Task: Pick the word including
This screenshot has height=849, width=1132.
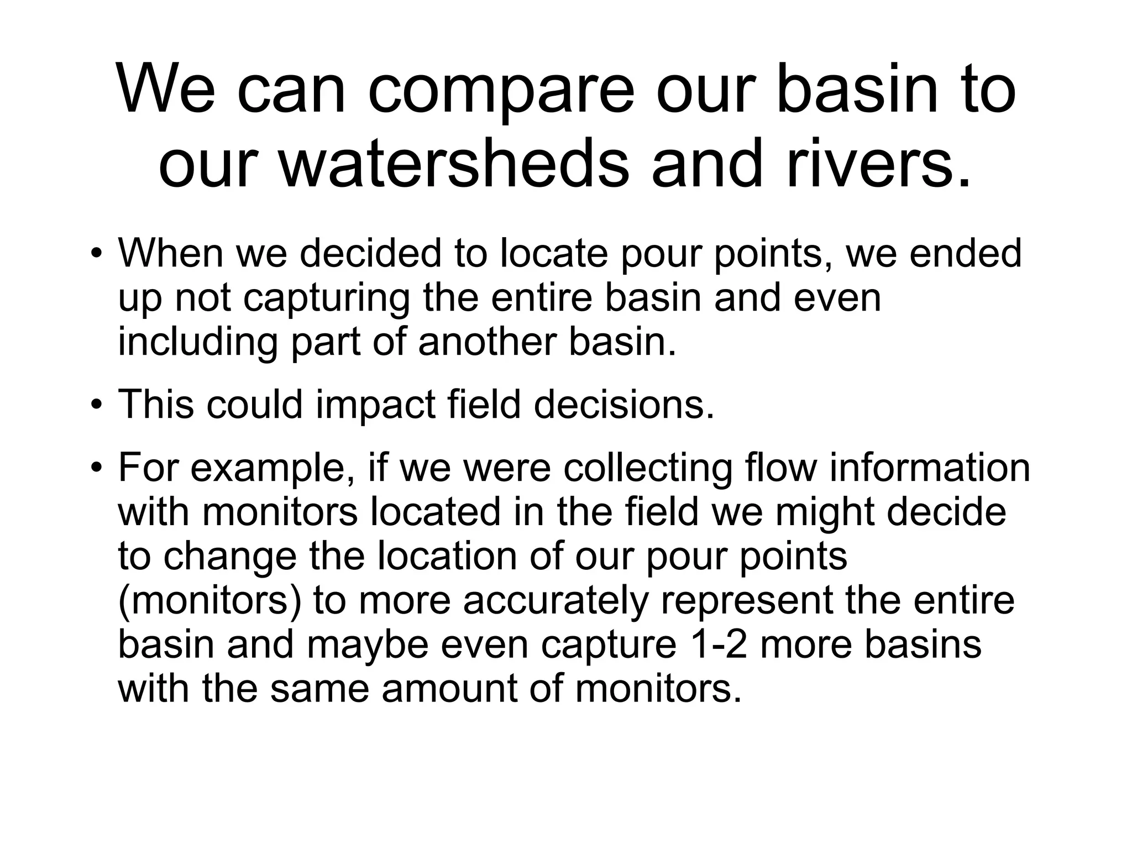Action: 197,342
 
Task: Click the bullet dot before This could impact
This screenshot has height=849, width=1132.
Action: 97,404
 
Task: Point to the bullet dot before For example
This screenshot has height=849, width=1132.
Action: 97,467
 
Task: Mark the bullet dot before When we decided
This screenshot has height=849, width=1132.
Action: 97,253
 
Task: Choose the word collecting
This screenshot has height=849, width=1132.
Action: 648,467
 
